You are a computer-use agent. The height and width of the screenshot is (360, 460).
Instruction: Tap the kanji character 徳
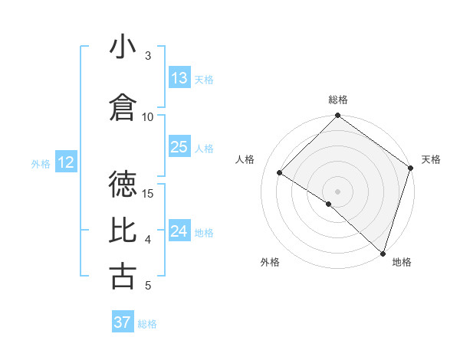[x=123, y=184]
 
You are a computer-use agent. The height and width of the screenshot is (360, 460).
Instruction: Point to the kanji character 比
[x=123, y=230]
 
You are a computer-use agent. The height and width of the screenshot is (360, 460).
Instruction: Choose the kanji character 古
[x=123, y=276]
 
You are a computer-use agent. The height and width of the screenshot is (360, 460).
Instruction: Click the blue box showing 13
[x=179, y=78]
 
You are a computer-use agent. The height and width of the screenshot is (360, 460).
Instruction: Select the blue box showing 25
[x=179, y=147]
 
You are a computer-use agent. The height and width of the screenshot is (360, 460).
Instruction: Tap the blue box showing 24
[x=179, y=231]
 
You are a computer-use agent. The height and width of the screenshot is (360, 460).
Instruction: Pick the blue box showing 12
[x=65, y=162]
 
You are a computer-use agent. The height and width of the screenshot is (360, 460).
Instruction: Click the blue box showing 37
[x=123, y=322]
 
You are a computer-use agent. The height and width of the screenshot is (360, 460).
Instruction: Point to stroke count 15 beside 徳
[x=149, y=193]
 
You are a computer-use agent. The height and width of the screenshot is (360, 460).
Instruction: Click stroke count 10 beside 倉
[x=148, y=116]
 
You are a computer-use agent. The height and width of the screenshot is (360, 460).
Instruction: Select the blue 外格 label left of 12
[x=41, y=163]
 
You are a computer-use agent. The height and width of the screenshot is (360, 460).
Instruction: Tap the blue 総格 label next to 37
[x=147, y=323]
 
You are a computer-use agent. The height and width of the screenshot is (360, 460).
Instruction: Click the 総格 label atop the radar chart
[x=338, y=100]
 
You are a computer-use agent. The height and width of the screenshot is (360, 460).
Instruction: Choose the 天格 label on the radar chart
[x=432, y=159]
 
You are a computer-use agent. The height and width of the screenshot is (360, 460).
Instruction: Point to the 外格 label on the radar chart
[x=270, y=263]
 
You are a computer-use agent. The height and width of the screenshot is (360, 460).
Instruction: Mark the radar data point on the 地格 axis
[x=383, y=253]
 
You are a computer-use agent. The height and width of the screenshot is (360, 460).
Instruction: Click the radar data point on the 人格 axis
[x=280, y=172]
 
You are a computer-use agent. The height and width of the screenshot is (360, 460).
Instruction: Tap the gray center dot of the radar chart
[x=338, y=191]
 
